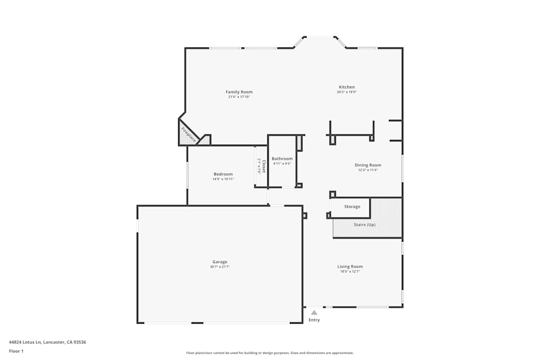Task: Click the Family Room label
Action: [239, 92]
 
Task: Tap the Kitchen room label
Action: [347, 87]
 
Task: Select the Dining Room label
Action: [368, 165]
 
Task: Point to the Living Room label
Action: [350, 267]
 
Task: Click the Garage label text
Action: [220, 262]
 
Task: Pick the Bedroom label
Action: [223, 174]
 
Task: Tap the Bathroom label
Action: [282, 159]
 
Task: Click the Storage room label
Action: [352, 207]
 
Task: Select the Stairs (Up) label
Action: [364, 225]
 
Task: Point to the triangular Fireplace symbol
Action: [188, 134]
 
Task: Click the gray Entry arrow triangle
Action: [314, 313]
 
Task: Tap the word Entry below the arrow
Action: [314, 320]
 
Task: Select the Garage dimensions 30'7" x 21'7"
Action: [220, 267]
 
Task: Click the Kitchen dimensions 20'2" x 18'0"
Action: [347, 92]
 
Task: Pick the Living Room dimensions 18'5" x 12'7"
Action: [350, 271]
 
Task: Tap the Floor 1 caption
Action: [16, 351]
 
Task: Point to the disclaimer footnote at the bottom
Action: [270, 353]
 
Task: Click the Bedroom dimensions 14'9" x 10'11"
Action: [223, 179]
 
